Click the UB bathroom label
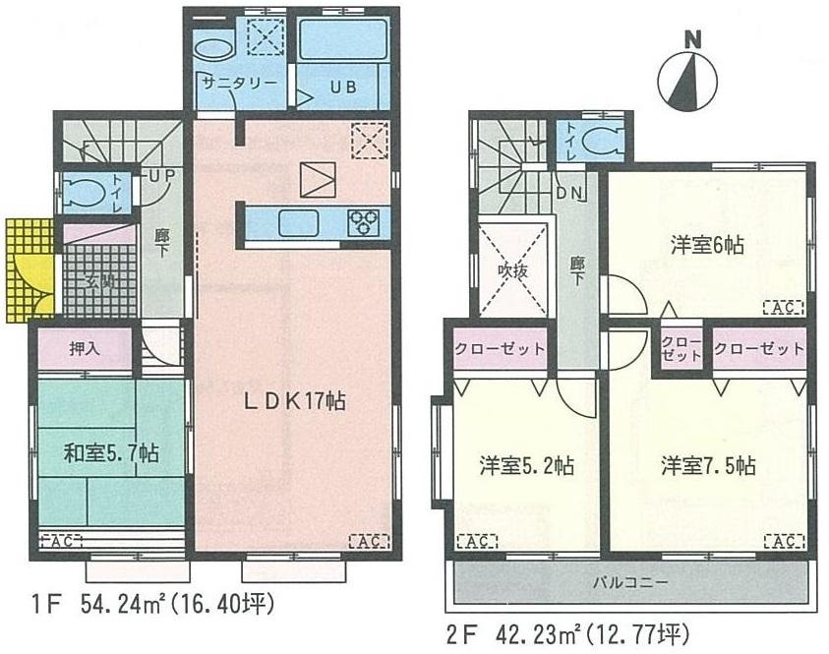pyautogui.click(x=341, y=87)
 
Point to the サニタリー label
pyautogui.click(x=239, y=85)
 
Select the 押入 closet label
pyautogui.click(x=85, y=347)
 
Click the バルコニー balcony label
pyautogui.click(x=630, y=582)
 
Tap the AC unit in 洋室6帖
pyautogui.click(x=784, y=308)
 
